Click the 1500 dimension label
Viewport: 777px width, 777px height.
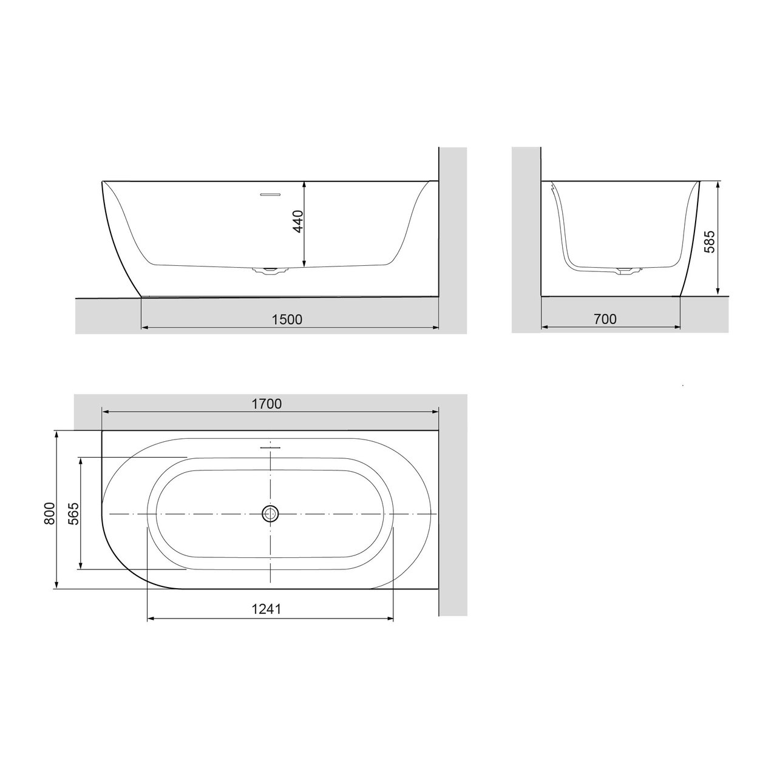point(287,319)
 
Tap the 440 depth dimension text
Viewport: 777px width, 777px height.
point(297,222)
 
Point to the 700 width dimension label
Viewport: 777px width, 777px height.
point(604,319)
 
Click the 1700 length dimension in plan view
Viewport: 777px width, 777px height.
point(267,404)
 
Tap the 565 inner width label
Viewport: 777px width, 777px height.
point(72,514)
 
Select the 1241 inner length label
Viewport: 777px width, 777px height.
point(267,609)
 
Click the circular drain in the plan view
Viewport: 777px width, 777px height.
point(270,514)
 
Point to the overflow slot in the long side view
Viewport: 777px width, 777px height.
point(270,195)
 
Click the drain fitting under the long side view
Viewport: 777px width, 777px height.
point(268,270)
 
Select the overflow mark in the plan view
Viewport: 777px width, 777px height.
point(271,447)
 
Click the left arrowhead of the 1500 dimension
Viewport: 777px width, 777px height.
point(144,328)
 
